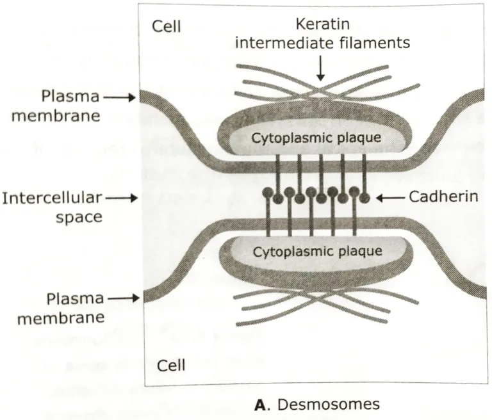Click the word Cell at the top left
pyautogui.click(x=167, y=26)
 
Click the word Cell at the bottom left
pyautogui.click(x=171, y=366)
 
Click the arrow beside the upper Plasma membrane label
pyautogui.click(x=121, y=97)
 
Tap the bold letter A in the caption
pyautogui.click(x=259, y=404)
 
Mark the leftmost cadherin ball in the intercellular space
pyautogui.click(x=267, y=192)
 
